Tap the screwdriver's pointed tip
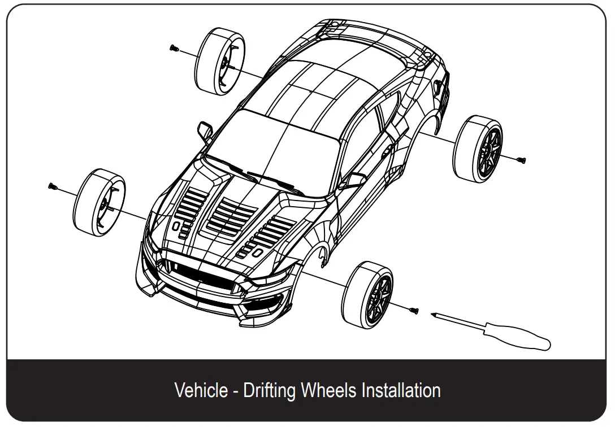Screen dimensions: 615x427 pos(432,314)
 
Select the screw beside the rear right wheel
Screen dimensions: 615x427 pos(521,160)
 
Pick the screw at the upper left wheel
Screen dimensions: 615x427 pos(172,49)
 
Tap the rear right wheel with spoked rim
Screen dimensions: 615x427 pos(478,146)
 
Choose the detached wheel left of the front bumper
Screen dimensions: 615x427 pos(99,202)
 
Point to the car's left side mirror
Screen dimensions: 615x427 pos(205,130)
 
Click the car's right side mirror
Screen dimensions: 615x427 pos(354,181)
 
